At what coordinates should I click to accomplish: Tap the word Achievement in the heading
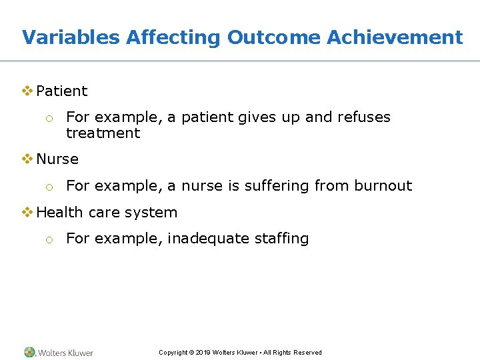395,37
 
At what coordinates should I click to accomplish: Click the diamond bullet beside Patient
28,91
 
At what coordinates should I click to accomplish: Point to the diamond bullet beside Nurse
28,159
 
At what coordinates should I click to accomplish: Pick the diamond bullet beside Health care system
28,212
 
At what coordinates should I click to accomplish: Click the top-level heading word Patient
62,91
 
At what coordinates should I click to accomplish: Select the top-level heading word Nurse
57,159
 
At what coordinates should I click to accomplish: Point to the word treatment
103,133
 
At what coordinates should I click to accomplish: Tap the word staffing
281,239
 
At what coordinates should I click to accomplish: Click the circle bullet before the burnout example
49,187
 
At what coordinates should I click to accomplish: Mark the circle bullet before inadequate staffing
49,239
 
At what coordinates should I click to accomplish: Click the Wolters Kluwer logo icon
30,352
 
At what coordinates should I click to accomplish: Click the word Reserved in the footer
307,353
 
